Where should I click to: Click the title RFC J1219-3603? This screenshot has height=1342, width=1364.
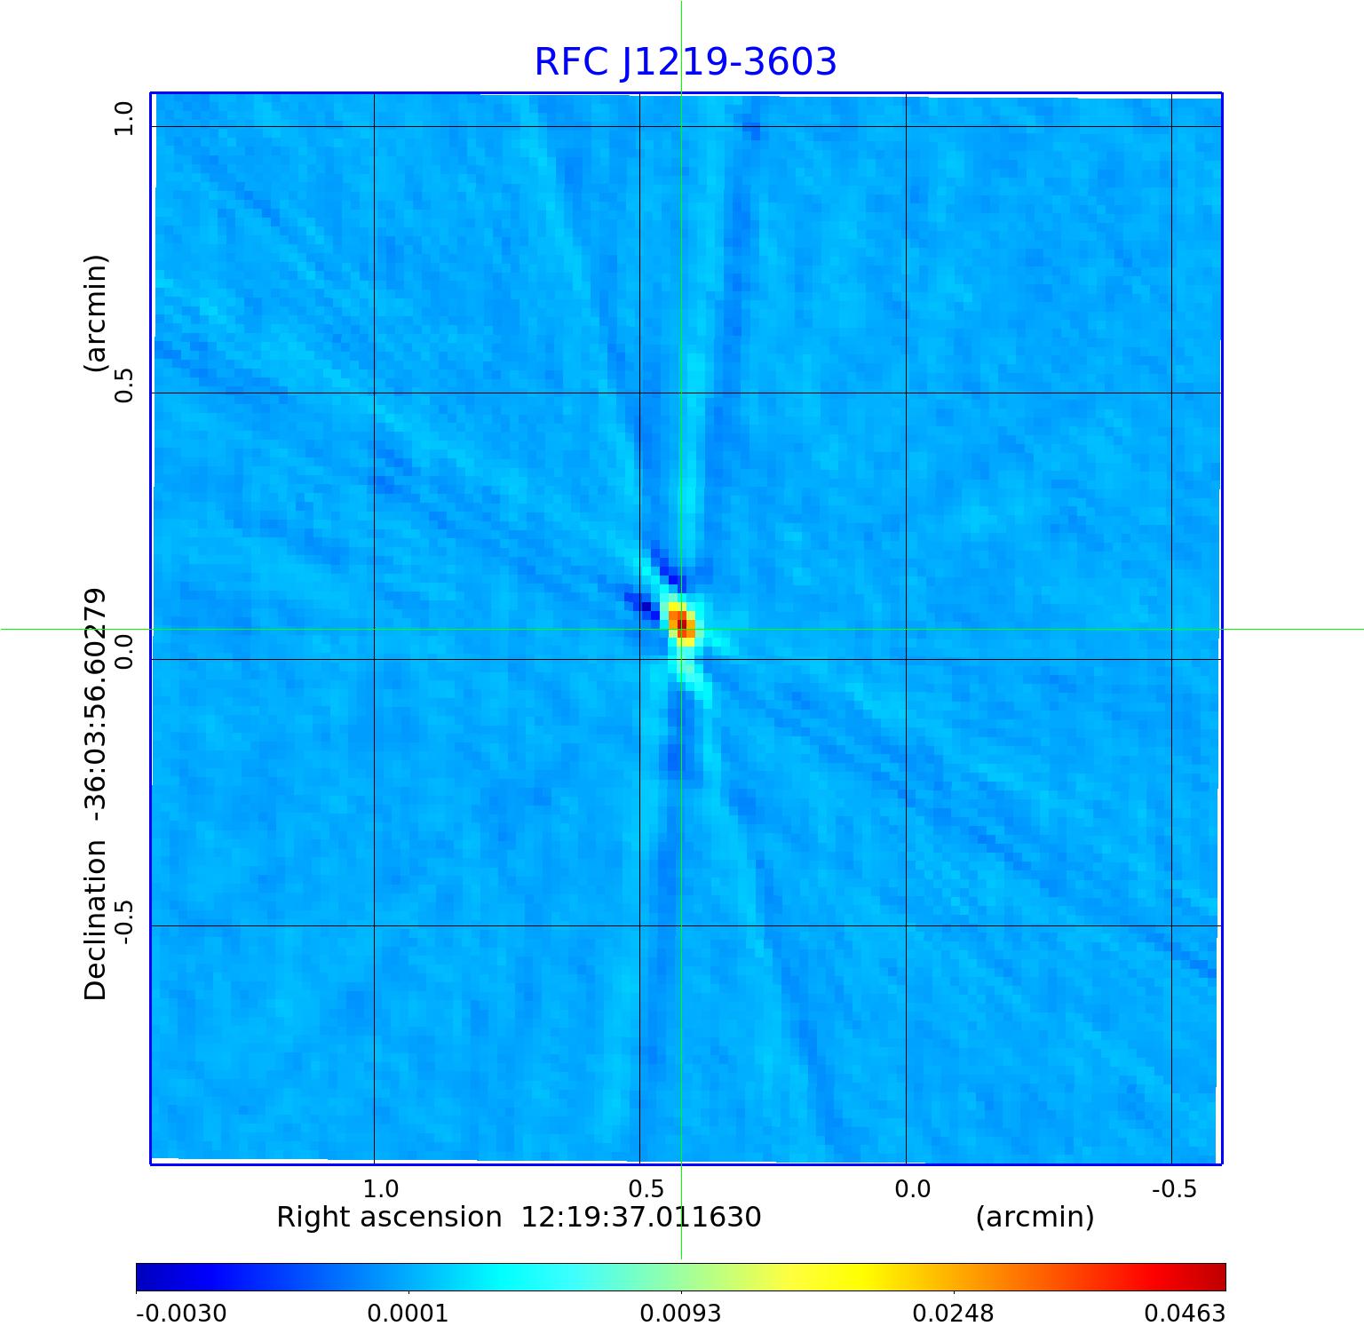point(686,62)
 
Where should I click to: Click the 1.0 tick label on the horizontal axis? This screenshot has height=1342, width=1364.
point(381,1188)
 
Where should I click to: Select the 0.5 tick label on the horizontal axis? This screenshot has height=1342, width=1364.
point(646,1188)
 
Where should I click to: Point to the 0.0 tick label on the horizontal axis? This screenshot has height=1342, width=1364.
point(912,1188)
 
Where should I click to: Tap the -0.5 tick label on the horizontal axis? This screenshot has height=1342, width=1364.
point(1174,1188)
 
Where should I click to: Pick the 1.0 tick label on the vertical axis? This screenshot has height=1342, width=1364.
point(123,118)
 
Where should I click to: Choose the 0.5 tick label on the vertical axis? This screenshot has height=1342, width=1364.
point(123,385)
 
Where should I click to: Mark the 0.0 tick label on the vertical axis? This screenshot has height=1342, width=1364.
point(123,651)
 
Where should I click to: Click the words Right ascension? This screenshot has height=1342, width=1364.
point(389,1217)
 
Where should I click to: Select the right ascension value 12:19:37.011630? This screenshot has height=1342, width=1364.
point(640,1217)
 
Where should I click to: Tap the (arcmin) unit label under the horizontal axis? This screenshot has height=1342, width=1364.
point(1035,1217)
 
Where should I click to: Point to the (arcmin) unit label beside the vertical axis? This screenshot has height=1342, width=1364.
point(96,313)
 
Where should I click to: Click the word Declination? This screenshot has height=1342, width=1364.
point(96,920)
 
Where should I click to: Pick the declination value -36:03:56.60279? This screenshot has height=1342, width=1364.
point(96,708)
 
